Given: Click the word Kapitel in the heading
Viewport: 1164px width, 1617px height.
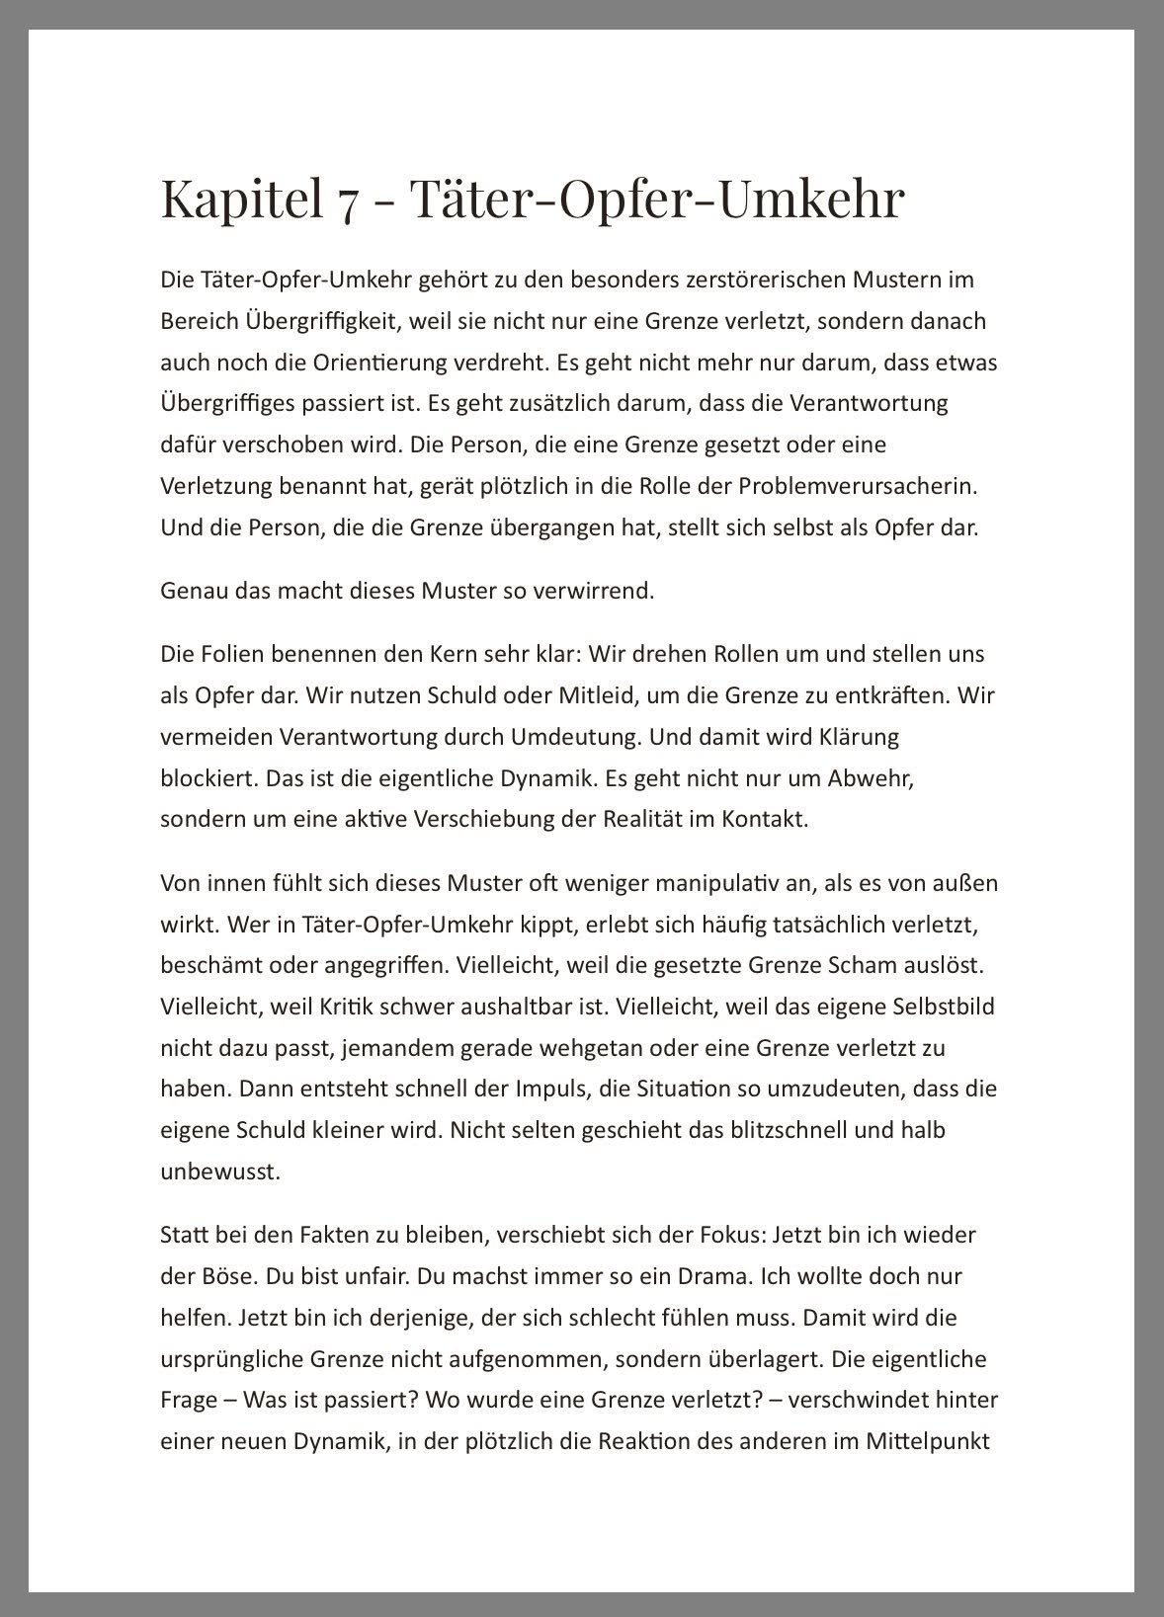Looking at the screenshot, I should tap(241, 198).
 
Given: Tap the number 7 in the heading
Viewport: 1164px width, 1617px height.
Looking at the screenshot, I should tap(346, 201).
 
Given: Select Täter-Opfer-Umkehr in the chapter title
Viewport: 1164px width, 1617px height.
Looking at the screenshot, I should tap(657, 198).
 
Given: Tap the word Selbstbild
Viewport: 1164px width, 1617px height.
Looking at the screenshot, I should tap(946, 1007).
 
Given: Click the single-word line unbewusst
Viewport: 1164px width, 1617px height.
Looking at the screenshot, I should tap(207, 1172).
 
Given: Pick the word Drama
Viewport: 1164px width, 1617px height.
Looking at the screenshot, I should tap(712, 1276).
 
